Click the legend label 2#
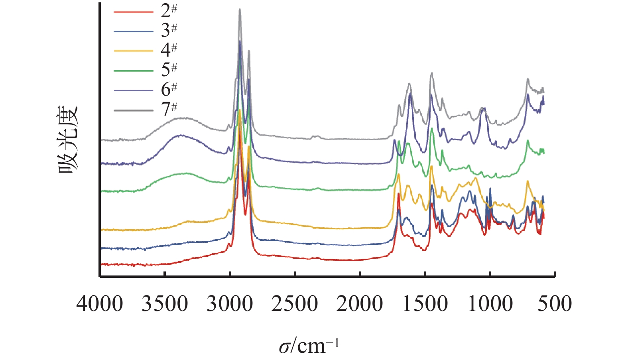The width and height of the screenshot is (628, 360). pyautogui.click(x=169, y=12)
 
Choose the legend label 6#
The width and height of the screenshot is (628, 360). pyautogui.click(x=169, y=90)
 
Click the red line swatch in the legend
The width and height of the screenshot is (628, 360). pyautogui.click(x=134, y=12)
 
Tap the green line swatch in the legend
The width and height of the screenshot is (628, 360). pyautogui.click(x=134, y=71)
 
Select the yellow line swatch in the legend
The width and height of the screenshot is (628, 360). pyautogui.click(x=134, y=51)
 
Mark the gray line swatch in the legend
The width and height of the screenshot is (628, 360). pyautogui.click(x=134, y=111)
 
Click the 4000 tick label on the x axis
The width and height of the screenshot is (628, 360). pyautogui.click(x=100, y=304)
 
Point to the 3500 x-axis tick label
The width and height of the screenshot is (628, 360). pyautogui.click(x=165, y=304)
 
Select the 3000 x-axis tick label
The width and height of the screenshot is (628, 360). pyautogui.click(x=230, y=304)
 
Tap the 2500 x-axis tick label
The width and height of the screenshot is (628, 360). pyautogui.click(x=295, y=304)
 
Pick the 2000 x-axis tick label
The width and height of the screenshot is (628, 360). pyautogui.click(x=360, y=304)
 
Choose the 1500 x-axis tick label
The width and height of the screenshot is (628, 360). pyautogui.click(x=425, y=304)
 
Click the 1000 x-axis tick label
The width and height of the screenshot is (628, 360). pyautogui.click(x=490, y=304)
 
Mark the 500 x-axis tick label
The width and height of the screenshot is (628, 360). pyautogui.click(x=555, y=304)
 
